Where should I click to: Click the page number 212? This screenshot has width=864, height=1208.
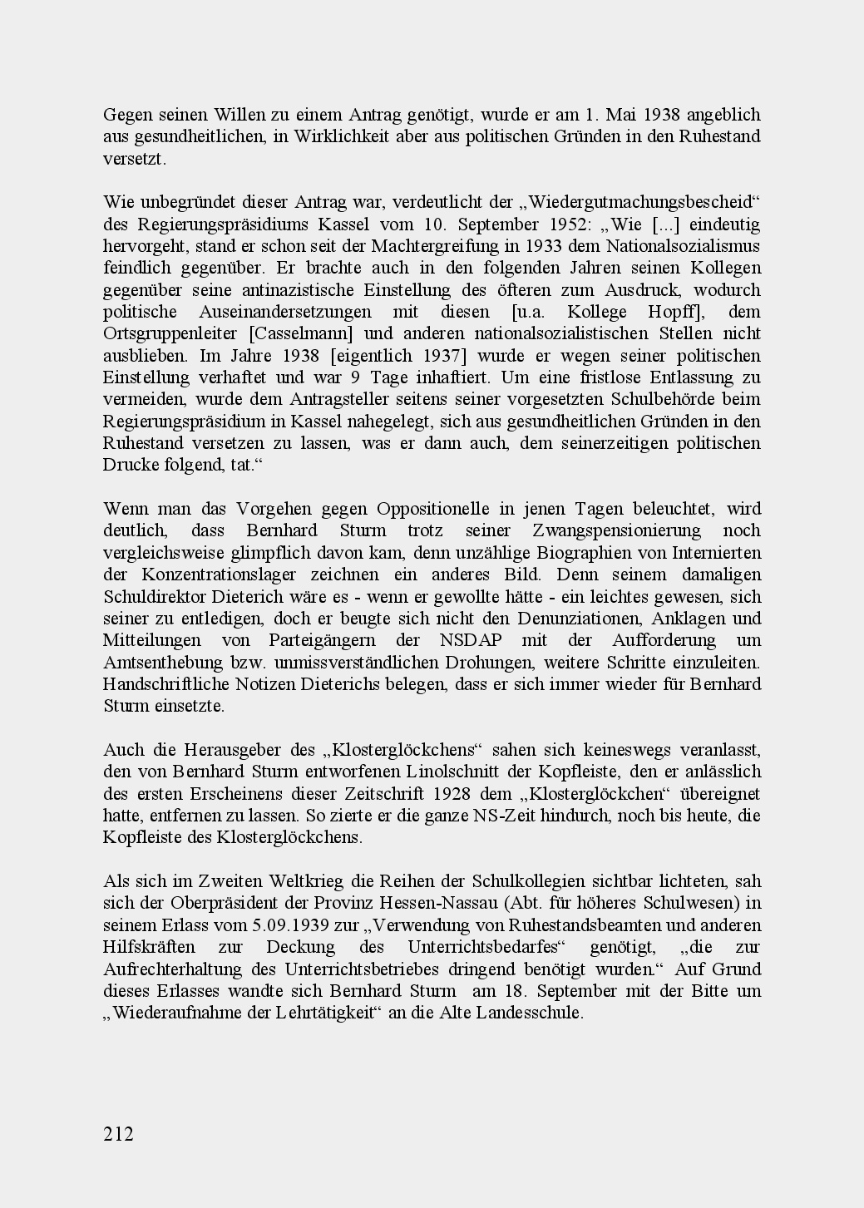point(118,1134)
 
